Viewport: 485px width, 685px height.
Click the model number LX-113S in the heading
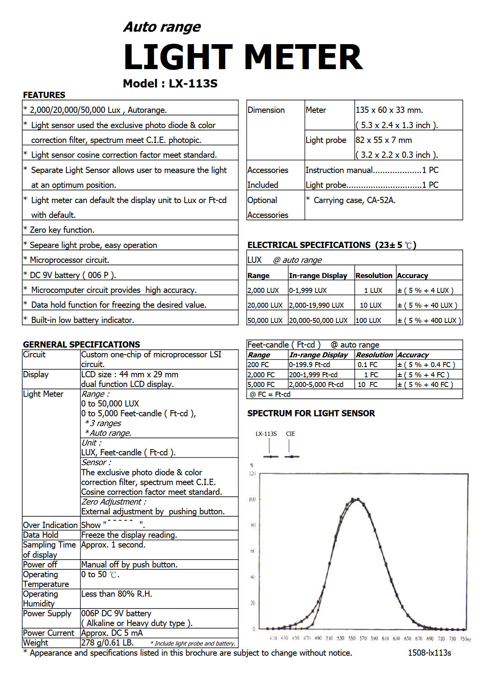[193, 84]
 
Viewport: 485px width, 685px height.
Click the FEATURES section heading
[44, 95]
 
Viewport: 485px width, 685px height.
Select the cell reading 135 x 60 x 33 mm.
[389, 110]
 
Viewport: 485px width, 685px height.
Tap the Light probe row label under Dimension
[326, 140]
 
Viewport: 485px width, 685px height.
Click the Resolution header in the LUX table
[374, 276]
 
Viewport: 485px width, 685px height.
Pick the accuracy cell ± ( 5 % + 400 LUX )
[429, 321]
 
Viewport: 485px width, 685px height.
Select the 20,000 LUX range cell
[265, 305]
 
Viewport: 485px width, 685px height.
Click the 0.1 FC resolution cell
[367, 365]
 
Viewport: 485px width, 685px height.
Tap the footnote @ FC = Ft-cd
[270, 394]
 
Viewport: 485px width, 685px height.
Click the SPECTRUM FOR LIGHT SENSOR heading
[311, 413]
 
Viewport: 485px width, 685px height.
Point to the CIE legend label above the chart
[290, 434]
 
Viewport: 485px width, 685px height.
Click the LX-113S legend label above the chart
[266, 434]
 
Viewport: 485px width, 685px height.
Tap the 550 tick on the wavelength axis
[352, 638]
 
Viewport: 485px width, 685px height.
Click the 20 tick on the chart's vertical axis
[253, 603]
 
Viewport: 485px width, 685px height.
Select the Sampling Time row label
[49, 545]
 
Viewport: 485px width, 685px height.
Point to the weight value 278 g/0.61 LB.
[108, 643]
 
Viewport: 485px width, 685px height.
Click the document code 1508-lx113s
[429, 653]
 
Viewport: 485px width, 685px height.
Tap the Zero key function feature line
[62, 230]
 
